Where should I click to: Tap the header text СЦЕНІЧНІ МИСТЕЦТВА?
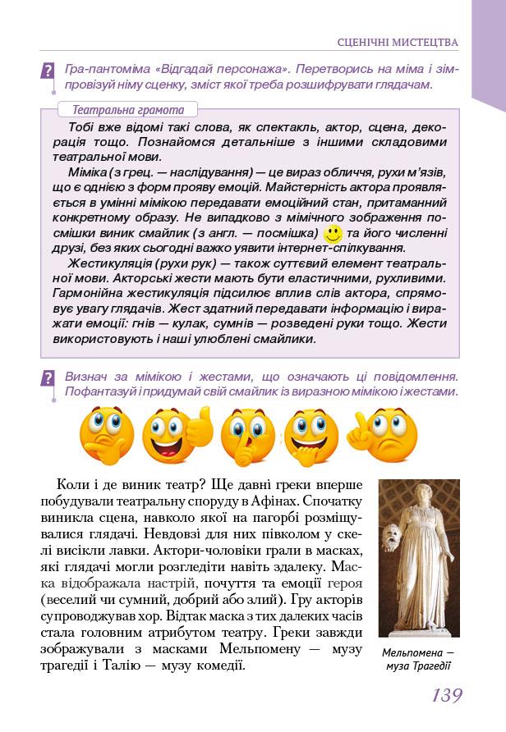[398, 42]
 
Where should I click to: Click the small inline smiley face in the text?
[333, 233]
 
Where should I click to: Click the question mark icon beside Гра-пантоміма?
[48, 71]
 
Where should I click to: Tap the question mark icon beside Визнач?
[48, 378]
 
